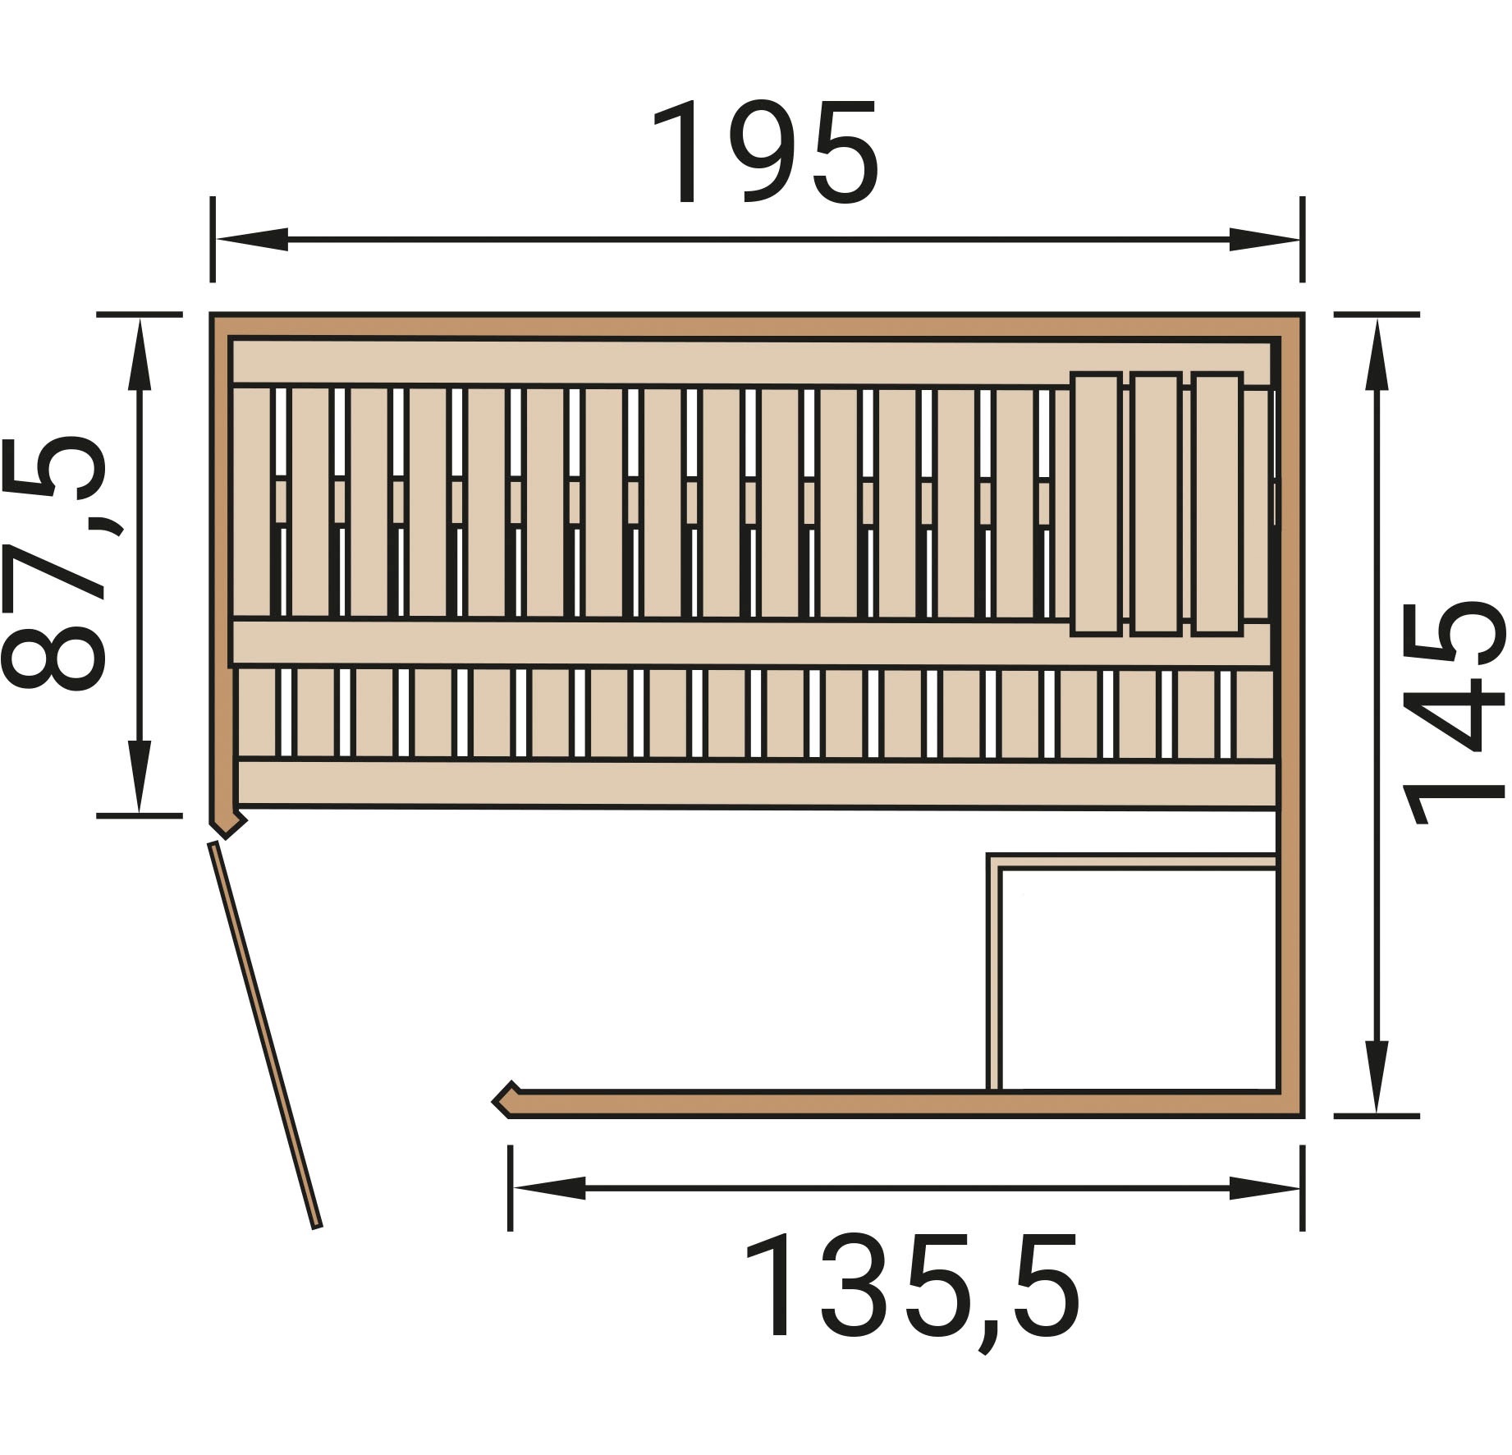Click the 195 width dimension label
click(x=765, y=153)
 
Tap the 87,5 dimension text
click(x=54, y=563)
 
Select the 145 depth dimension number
click(x=1455, y=713)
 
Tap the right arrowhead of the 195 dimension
click(x=1265, y=240)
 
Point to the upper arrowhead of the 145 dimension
click(x=1376, y=353)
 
